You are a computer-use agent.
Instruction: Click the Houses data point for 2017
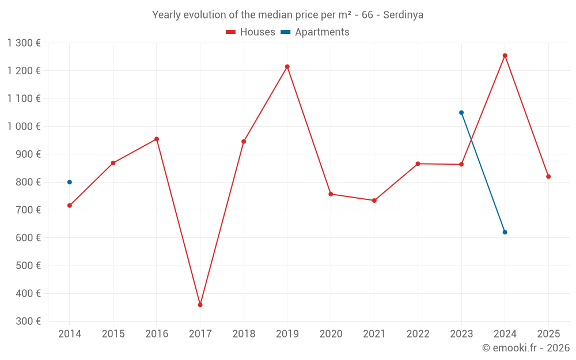(x=200, y=305)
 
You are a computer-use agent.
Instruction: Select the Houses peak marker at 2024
(x=505, y=56)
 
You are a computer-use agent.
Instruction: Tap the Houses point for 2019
(x=287, y=67)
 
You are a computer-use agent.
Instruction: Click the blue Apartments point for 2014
(x=70, y=182)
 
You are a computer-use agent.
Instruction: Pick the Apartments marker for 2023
(x=461, y=113)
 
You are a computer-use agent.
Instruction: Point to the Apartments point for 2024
(x=505, y=232)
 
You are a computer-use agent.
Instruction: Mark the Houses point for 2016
(x=157, y=139)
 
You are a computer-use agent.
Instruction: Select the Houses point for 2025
(x=548, y=177)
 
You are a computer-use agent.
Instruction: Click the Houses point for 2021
(x=374, y=200)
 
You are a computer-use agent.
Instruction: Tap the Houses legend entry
(x=251, y=32)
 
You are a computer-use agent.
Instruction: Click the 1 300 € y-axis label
(x=24, y=43)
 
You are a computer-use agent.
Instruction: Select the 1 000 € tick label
(x=24, y=127)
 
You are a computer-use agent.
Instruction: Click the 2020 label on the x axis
(x=331, y=334)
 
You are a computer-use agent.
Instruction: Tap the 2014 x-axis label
(x=70, y=334)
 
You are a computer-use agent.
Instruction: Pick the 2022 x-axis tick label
(x=418, y=334)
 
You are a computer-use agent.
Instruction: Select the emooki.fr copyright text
(x=525, y=348)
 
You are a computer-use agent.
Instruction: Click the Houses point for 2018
(x=244, y=142)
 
